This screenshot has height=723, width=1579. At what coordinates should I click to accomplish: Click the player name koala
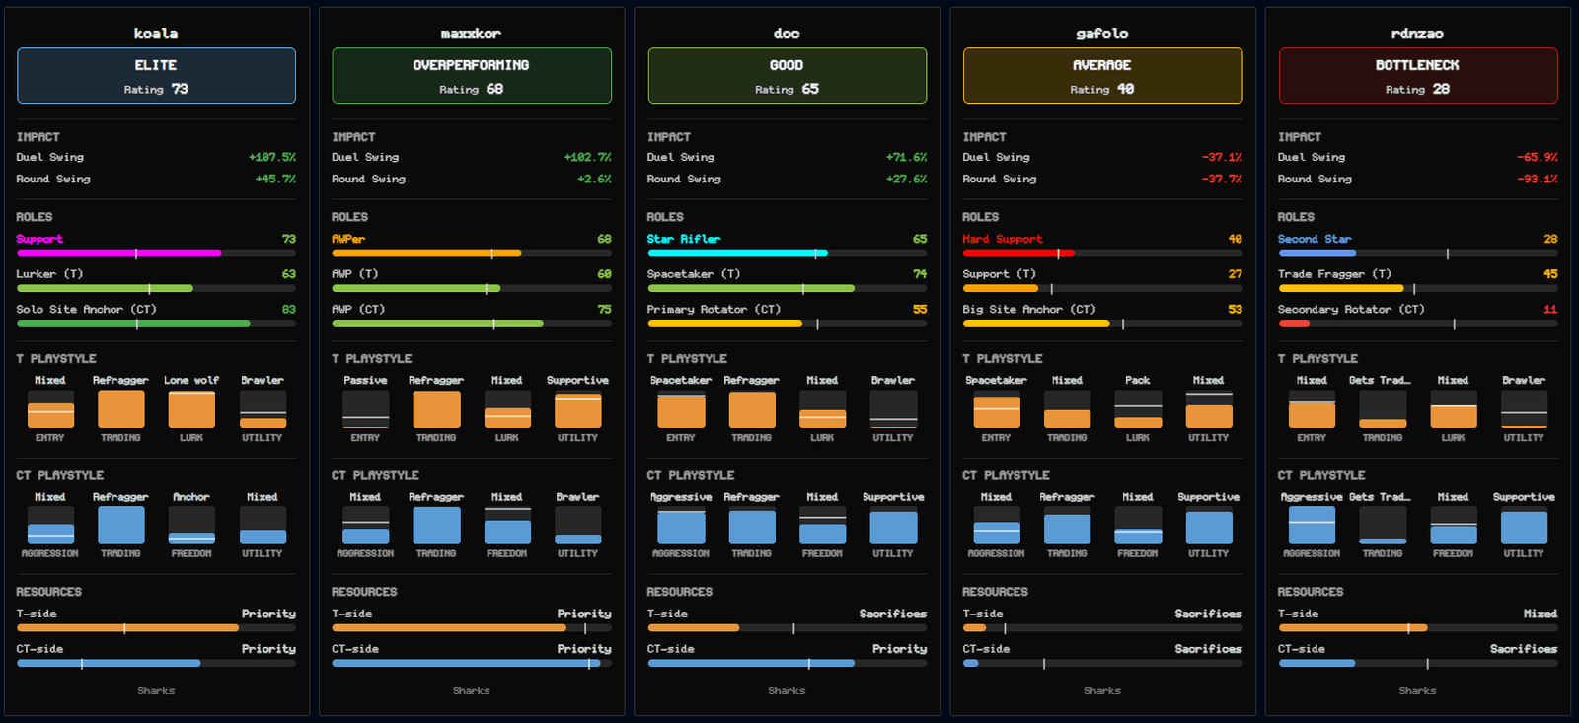[156, 34]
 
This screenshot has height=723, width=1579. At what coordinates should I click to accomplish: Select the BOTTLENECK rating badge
[1417, 75]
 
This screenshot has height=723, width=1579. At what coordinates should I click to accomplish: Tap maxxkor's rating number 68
[494, 89]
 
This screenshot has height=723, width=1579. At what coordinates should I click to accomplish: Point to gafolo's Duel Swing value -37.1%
[1222, 157]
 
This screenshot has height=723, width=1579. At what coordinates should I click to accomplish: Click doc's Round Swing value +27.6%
[906, 179]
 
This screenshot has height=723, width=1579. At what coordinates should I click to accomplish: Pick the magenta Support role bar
[119, 253]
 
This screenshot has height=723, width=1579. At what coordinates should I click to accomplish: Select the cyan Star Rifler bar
[737, 253]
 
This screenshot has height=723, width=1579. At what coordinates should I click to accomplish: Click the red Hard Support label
[1003, 239]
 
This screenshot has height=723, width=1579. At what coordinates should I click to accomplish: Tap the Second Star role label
[1315, 239]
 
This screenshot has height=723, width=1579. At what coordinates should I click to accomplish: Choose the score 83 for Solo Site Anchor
[288, 310]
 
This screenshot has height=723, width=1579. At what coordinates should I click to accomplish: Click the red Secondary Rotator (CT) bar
[1294, 324]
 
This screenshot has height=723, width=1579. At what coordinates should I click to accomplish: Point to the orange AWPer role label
[348, 239]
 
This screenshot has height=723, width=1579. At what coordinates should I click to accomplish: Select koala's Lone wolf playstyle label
[191, 380]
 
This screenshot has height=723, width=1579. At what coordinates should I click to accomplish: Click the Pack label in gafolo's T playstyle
[1137, 380]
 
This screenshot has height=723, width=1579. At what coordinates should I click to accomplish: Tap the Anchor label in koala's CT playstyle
[191, 497]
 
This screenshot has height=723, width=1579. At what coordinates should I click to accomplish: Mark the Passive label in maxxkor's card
[365, 380]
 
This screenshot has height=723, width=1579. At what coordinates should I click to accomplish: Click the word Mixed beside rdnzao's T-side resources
[1541, 614]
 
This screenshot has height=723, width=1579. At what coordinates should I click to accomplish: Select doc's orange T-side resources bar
[694, 628]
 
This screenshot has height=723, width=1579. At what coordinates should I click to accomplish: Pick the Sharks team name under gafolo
[1101, 690]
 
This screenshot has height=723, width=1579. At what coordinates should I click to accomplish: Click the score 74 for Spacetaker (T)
[919, 274]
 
